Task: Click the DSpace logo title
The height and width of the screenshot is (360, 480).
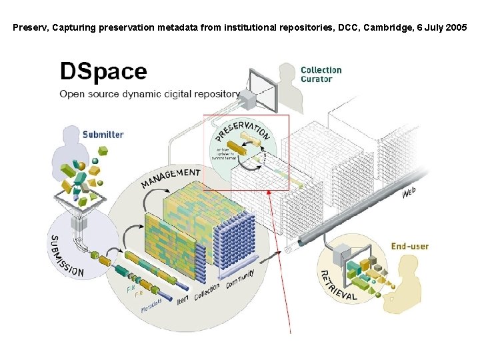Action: pos(103,71)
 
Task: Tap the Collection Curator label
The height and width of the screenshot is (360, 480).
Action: pos(321,74)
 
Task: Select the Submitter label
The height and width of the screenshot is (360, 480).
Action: pos(103,134)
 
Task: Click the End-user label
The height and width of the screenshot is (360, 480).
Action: pos(409,246)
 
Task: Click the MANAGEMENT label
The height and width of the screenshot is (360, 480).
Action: pos(171,177)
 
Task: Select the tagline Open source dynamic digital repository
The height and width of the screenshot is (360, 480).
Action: pos(149,94)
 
